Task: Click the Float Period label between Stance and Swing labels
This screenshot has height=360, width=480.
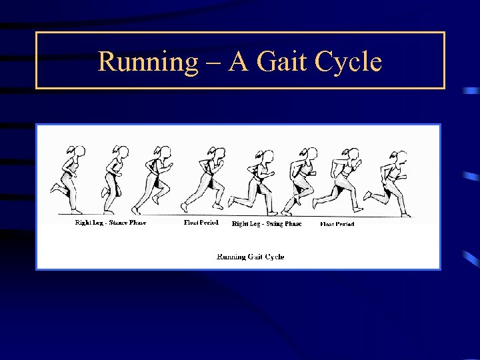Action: pos(201,223)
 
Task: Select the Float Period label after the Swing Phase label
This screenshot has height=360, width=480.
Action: pos(337,224)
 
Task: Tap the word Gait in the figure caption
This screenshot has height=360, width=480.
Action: pos(254,257)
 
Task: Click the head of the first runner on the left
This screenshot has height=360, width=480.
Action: pos(79,152)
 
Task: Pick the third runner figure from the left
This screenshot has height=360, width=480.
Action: pos(155,179)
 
